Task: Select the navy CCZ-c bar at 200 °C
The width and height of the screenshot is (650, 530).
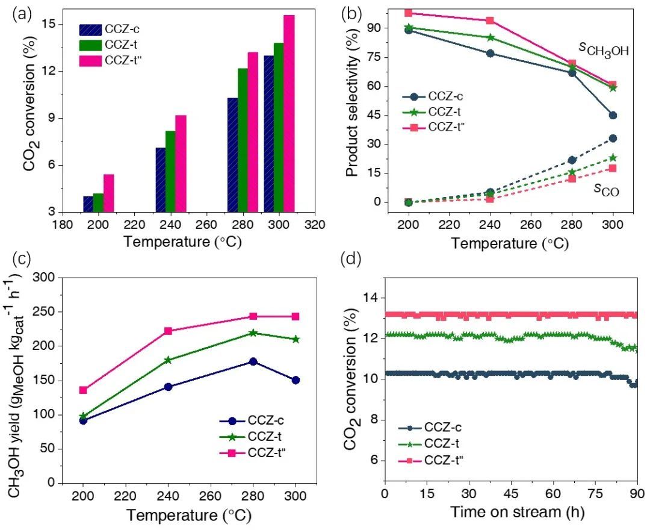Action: tap(88, 204)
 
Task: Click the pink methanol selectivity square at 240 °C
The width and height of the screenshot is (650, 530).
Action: tap(490, 20)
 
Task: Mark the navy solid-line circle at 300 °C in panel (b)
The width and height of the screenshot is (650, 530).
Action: tap(613, 115)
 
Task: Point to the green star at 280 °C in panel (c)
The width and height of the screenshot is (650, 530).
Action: tap(253, 332)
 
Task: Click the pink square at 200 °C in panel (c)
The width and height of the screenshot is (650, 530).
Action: tap(83, 390)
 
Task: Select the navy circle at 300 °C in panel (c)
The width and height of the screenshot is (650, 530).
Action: tap(296, 380)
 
